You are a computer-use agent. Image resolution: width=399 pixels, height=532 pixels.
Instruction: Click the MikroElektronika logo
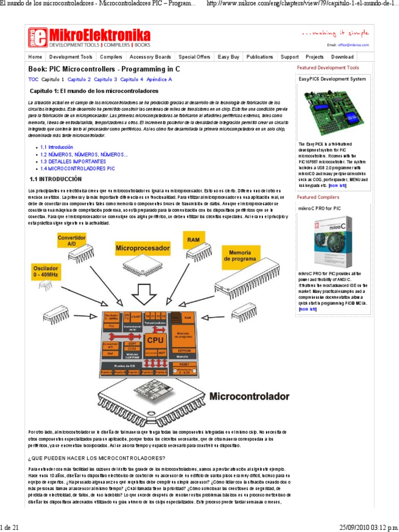point(89,37)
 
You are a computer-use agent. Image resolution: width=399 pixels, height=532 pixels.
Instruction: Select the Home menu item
point(35,57)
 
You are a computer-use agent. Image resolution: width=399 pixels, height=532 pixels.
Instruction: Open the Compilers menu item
point(111,57)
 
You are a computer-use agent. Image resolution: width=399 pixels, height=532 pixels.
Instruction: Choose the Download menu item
point(342,57)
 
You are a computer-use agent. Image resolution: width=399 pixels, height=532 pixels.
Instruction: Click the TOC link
point(33,79)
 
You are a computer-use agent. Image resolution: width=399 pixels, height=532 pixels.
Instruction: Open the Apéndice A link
point(159,79)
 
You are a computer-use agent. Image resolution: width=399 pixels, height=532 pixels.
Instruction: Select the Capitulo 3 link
point(105,79)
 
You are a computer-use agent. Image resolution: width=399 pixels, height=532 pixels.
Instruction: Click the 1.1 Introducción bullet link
point(57,148)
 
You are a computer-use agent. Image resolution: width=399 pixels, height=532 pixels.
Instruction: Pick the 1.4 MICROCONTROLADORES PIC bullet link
point(77,169)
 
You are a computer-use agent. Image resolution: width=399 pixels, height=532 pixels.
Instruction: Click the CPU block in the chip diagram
point(155,340)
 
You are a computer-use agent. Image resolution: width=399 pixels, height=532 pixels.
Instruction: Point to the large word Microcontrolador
point(249,396)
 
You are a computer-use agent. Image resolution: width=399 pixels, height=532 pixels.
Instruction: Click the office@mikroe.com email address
point(355,45)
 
